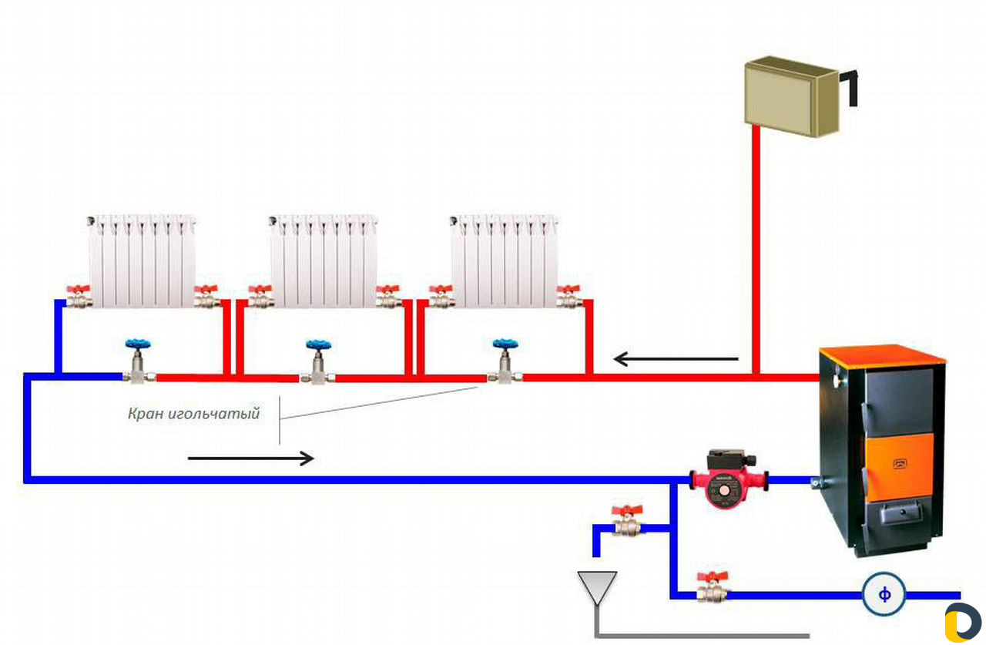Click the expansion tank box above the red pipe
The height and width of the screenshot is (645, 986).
click(x=791, y=96)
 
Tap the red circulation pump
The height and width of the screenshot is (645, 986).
click(x=729, y=479)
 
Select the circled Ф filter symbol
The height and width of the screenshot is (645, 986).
click(x=884, y=594)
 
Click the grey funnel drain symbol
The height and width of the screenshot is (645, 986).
click(x=597, y=588)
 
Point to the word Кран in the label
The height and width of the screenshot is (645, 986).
click(x=146, y=414)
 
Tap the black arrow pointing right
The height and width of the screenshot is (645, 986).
click(x=251, y=459)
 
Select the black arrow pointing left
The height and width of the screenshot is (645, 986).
click(x=676, y=359)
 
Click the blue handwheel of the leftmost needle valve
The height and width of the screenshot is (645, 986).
click(x=138, y=344)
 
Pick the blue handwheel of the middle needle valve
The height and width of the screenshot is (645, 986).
click(x=319, y=344)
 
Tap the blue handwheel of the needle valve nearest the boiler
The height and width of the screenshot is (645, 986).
click(x=505, y=344)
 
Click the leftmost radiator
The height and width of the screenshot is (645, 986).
click(x=142, y=260)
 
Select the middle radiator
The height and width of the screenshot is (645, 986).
click(x=323, y=260)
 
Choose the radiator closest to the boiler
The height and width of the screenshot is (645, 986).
click(x=505, y=260)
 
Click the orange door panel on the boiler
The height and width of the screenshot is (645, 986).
click(x=898, y=468)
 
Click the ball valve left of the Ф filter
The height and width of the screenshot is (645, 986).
click(x=713, y=588)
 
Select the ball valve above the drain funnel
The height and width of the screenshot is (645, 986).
click(x=627, y=520)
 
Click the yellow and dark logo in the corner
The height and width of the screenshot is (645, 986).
click(x=963, y=622)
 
